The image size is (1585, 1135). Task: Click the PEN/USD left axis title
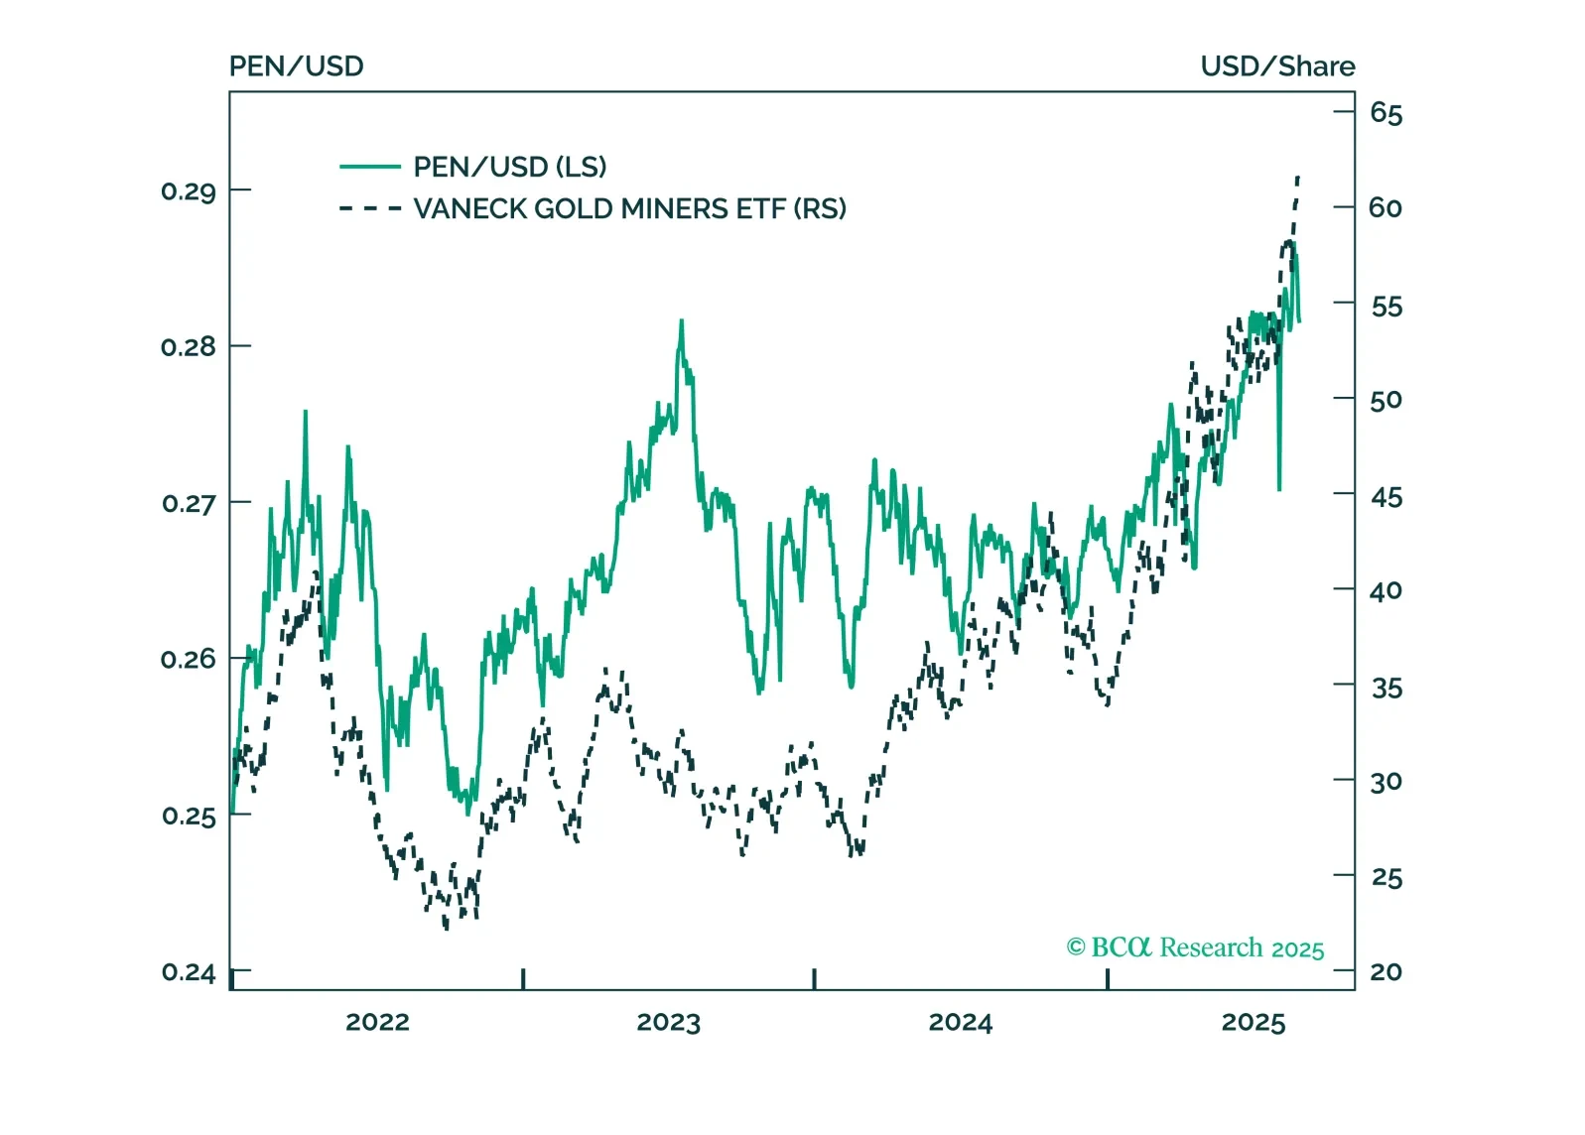tap(296, 66)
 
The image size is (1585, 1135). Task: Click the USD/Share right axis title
tap(1276, 66)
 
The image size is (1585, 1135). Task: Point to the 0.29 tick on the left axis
tap(189, 190)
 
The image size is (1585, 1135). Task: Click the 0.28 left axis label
tap(189, 347)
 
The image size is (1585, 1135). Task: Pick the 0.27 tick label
tap(189, 504)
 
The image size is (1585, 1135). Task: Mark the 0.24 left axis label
tap(189, 972)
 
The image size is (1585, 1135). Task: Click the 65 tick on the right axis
tap(1386, 113)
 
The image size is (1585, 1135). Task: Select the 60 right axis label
tap(1386, 208)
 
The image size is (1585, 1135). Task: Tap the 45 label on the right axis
tap(1386, 497)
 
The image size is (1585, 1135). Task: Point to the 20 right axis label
tap(1386, 972)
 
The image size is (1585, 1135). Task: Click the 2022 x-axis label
tap(377, 1023)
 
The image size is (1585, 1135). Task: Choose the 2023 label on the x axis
tap(668, 1023)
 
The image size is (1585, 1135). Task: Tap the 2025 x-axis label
tap(1253, 1023)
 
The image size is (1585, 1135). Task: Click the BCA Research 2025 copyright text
tap(1195, 948)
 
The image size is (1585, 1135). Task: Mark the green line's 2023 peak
tap(682, 321)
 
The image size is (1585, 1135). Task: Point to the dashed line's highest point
tap(1298, 177)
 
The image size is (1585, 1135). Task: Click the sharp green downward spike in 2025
tap(1279, 488)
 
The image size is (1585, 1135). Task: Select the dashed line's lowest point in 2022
tap(446, 928)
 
